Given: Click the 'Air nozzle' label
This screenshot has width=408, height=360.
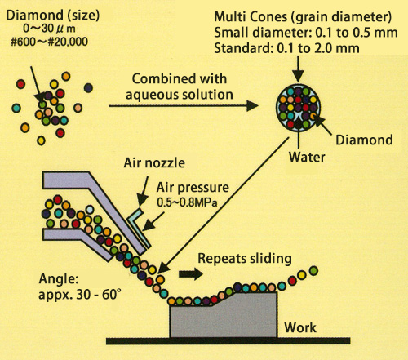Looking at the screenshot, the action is pos(154,162).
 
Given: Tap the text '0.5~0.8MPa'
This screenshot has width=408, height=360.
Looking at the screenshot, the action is pos(187,202).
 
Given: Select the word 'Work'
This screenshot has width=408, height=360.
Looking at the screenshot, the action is pos(300,327).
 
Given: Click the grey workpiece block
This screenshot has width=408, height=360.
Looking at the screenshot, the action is pos(224,316).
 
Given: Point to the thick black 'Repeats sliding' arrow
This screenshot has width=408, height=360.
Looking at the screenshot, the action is pos(191,274).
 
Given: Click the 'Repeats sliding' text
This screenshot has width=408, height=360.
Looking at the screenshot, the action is pos(245,258).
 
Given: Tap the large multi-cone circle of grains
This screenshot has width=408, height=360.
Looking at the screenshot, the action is pos(299,108).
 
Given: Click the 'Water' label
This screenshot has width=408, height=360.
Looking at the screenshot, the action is pos(307,157).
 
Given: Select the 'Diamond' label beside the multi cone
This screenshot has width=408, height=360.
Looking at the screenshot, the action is pos(364,140).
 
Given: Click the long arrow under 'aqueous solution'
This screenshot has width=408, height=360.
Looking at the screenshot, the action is pos(184,106).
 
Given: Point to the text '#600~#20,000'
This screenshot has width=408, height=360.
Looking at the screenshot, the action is pos(49,42).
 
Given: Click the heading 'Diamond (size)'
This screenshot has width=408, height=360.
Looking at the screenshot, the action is pos(52,16).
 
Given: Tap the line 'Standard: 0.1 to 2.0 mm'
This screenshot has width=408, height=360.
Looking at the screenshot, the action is pos(286,48).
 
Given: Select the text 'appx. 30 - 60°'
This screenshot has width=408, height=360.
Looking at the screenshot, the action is pos(79,294).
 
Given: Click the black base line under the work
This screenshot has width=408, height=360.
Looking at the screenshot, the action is pos(228,341).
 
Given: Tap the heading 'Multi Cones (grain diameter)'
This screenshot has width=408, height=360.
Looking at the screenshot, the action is pos(303,17).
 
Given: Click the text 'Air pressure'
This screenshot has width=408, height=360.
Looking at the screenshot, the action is pos(193,188).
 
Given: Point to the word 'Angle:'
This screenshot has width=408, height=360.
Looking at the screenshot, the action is pos(59,279).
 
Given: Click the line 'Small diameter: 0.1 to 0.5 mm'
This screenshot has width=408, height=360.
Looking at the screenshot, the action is pos(306,33).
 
